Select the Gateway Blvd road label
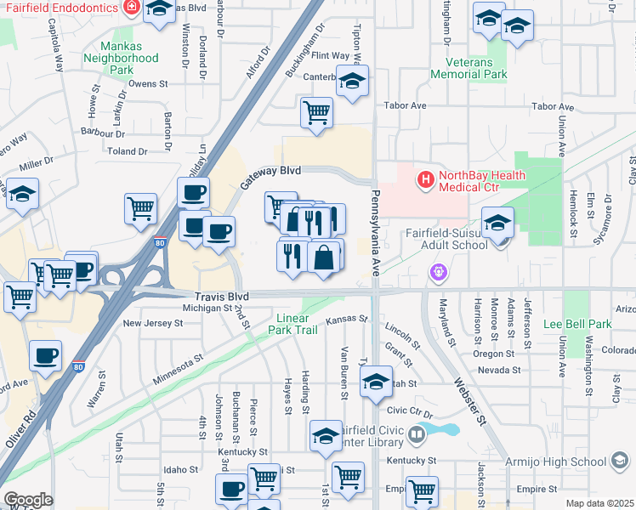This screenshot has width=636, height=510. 270,176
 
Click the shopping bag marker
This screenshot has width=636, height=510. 323,258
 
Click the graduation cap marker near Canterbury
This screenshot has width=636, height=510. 351,82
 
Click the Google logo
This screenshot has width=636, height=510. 29,500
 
